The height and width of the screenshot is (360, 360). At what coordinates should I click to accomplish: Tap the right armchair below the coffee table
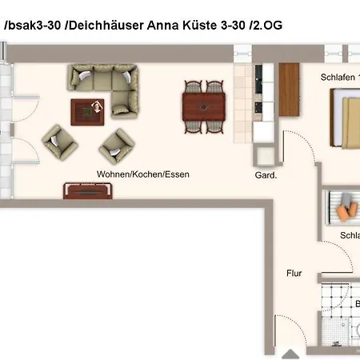click(x=116, y=146)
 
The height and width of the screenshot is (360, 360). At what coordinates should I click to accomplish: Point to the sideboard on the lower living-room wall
click(x=88, y=190)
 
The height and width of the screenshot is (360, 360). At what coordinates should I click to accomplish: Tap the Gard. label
click(x=266, y=175)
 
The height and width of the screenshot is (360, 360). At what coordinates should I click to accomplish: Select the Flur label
click(x=294, y=273)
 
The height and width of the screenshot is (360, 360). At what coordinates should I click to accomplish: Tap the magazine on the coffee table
click(x=98, y=106)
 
